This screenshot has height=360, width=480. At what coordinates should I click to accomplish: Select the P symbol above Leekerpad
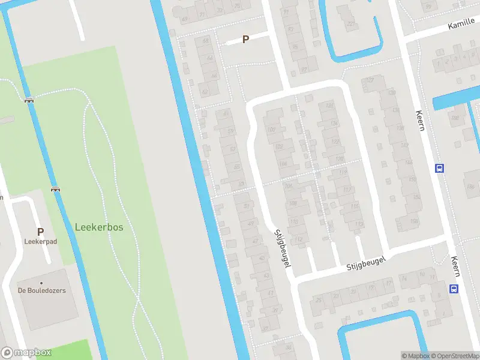(40, 232)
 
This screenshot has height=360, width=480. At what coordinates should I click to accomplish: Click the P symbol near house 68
(245, 40)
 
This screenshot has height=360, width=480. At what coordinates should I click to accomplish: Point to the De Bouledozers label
(41, 290)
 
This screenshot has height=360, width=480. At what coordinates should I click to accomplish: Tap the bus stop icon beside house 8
(454, 289)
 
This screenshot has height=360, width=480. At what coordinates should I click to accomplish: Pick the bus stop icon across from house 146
(439, 169)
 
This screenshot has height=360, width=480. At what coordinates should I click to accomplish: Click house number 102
(279, 146)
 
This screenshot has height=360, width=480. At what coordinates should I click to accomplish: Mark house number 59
(231, 131)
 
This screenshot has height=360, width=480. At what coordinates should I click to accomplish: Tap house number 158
(414, 221)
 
